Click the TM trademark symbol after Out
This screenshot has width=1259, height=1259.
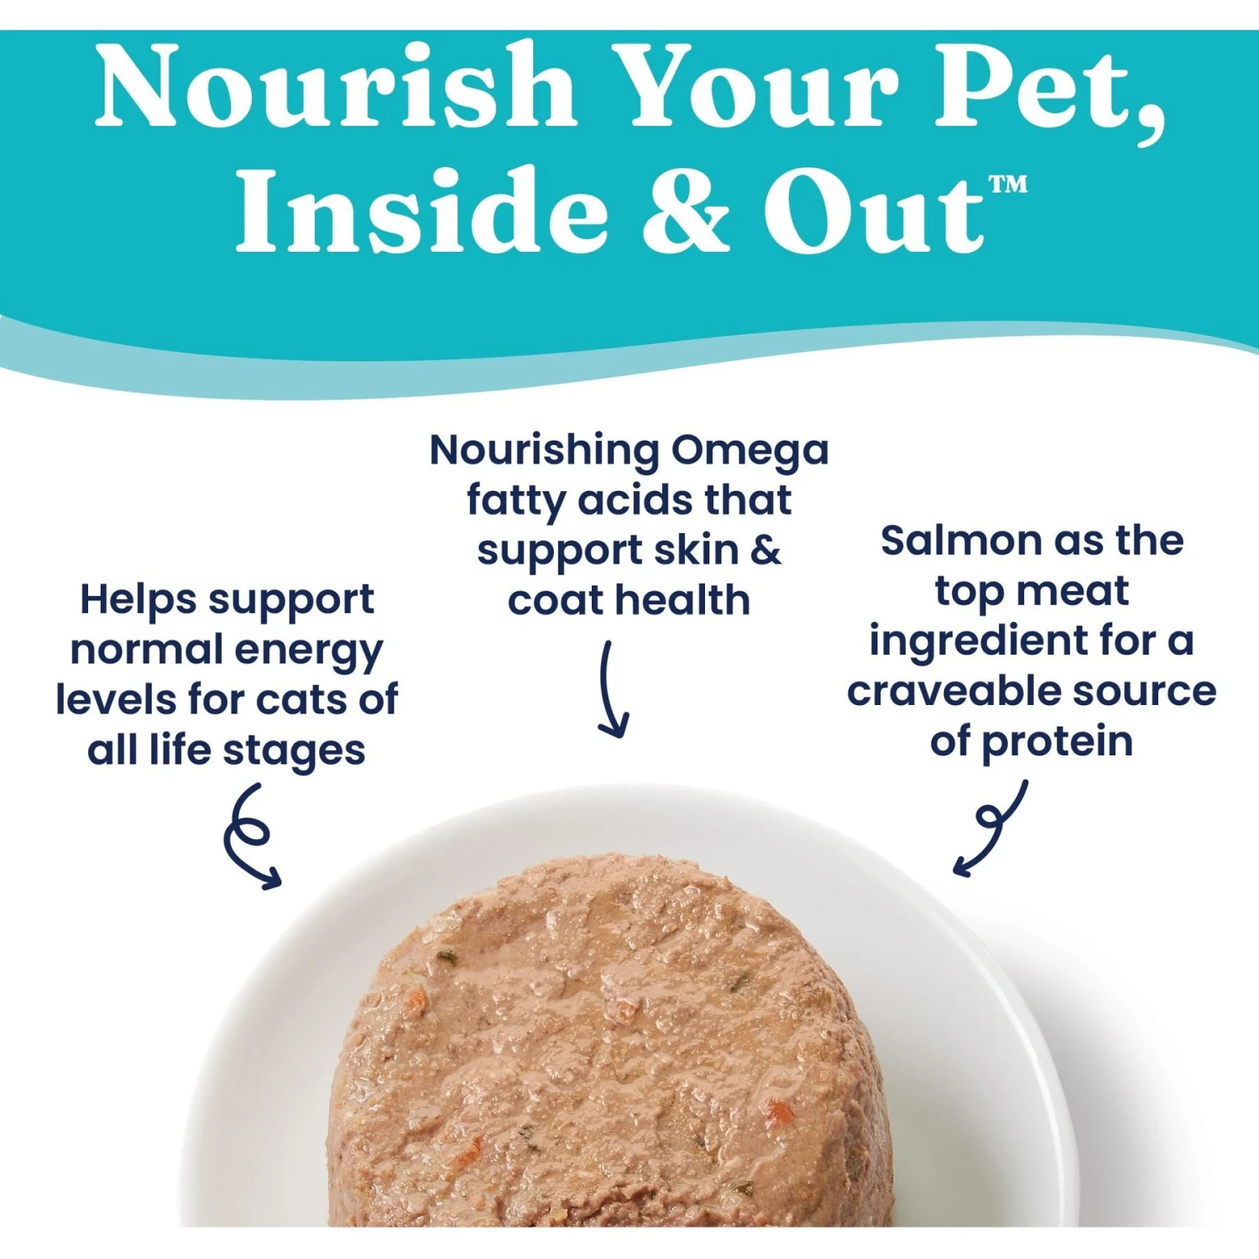click(1007, 184)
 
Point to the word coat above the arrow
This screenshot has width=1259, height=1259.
click(555, 601)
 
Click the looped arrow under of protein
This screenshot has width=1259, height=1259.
click(992, 828)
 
